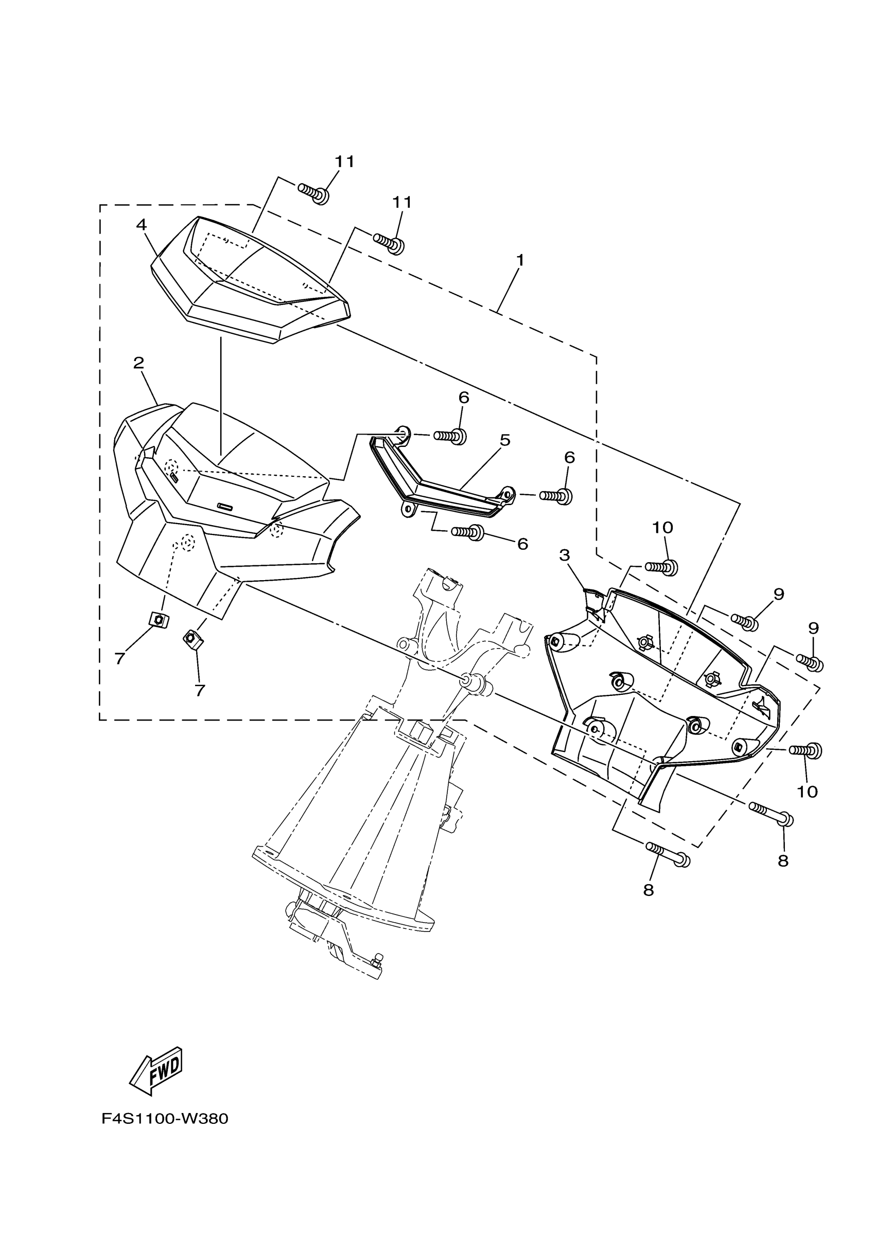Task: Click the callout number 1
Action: coord(520,260)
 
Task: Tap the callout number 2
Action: coord(138,363)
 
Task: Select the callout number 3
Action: coord(564,555)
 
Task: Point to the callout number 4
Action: coord(142,224)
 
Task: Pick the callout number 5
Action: coord(505,440)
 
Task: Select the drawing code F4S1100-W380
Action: coord(165,1119)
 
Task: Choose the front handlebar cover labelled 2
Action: coord(226,501)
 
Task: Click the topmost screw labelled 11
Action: coord(313,192)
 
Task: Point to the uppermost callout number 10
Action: coord(662,527)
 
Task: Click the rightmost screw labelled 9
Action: coord(810,662)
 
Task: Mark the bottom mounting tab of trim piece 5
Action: coord(407,509)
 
